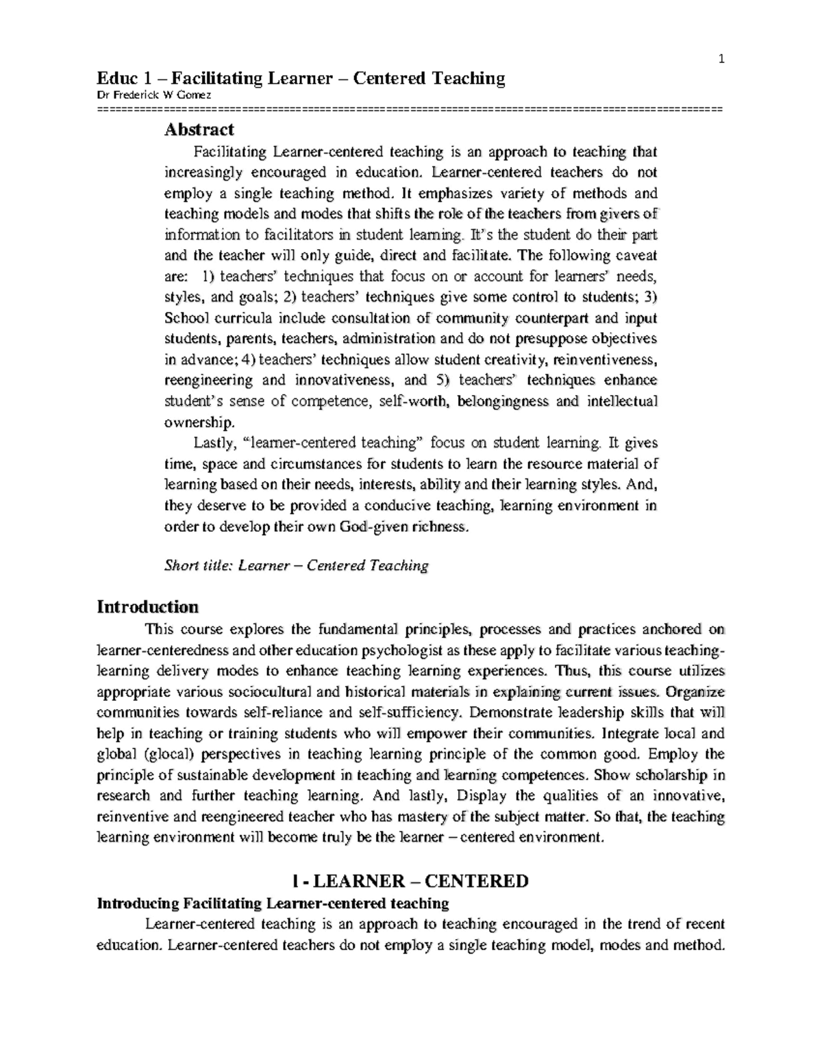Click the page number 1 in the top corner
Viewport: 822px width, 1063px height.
click(x=721, y=60)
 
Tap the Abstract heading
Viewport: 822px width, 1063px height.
click(x=199, y=129)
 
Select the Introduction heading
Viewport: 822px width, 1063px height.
click(x=147, y=606)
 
